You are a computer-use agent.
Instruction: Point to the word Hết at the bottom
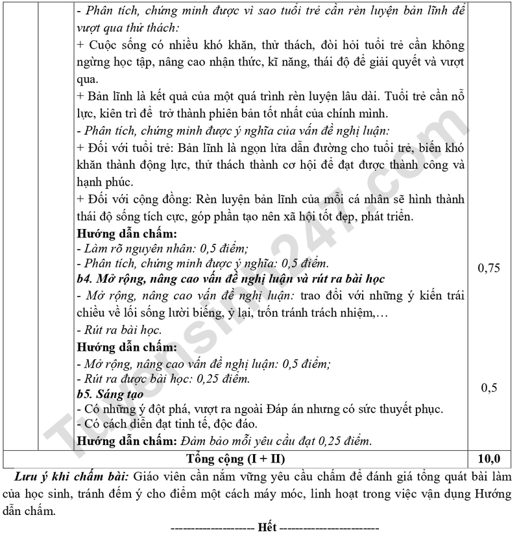click(267, 526)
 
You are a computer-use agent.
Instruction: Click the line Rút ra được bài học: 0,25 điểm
click(163, 379)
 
